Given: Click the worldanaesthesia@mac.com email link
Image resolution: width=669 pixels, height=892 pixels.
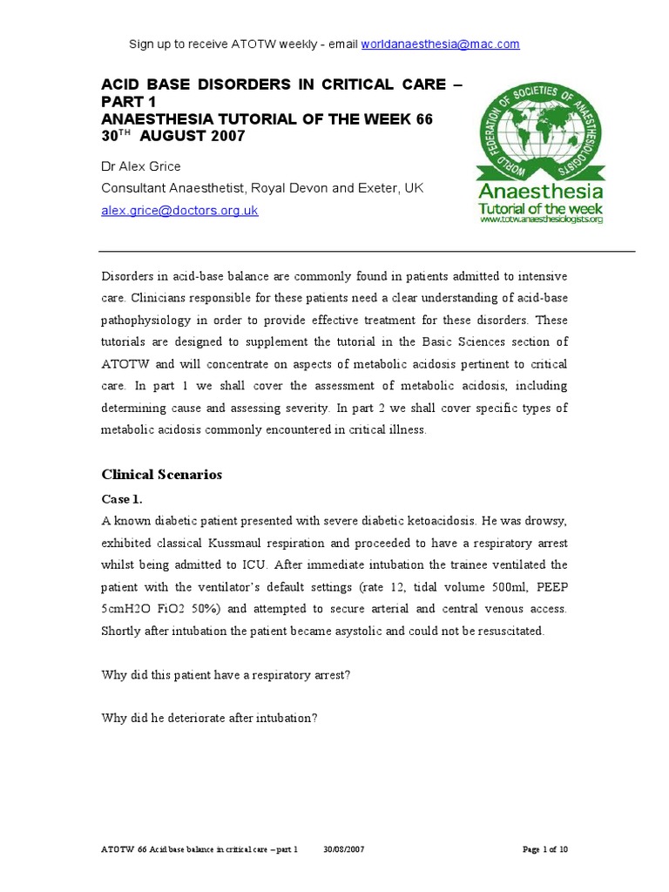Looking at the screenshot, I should (440, 44).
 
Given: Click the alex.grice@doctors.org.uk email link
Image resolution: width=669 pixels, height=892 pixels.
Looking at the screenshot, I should (179, 211).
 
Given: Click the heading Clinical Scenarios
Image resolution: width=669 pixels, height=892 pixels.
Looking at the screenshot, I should (162, 475).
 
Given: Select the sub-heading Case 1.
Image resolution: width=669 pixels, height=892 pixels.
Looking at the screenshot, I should (122, 500).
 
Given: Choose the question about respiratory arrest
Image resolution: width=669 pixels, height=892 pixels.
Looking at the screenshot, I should (226, 675).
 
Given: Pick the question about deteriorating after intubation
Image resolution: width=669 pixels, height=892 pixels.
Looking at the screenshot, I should (210, 719).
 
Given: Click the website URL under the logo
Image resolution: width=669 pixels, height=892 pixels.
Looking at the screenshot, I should (541, 220).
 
